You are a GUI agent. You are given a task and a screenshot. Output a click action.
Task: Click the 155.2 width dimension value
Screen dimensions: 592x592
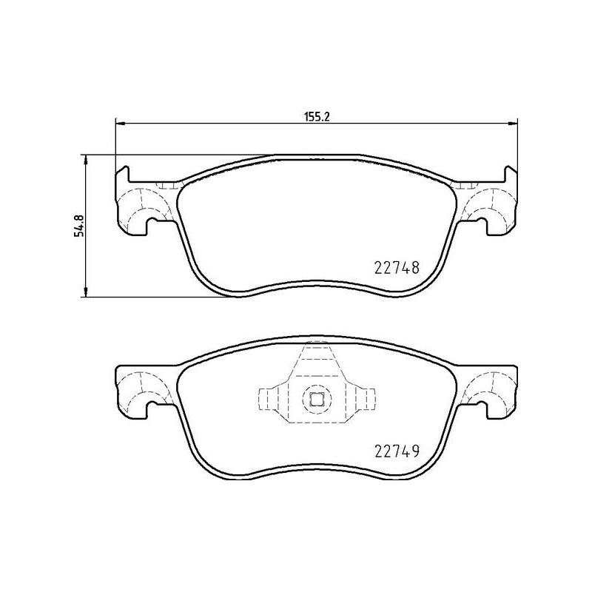(x=317, y=115)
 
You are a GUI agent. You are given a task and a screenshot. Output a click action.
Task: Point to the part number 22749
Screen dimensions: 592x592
(x=394, y=451)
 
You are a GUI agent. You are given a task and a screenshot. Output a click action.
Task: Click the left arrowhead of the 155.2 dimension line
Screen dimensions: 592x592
(x=118, y=123)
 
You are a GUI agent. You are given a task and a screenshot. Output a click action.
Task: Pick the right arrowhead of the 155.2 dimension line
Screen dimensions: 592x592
(x=514, y=123)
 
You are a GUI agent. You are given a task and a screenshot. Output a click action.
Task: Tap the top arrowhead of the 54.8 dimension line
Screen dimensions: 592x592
(x=87, y=159)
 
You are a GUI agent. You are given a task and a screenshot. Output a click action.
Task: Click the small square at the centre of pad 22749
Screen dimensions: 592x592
(x=317, y=400)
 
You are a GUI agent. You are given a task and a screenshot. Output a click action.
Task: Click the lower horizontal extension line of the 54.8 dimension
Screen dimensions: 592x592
(x=148, y=297)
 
